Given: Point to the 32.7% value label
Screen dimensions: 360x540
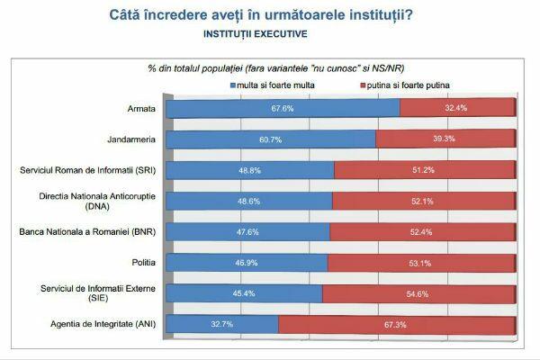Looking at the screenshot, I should coord(223,323).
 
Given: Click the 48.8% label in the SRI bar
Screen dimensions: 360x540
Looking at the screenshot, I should coord(249,169).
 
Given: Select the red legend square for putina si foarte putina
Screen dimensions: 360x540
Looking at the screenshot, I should coord(361,84).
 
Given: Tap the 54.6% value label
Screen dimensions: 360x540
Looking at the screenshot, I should coord(417,292).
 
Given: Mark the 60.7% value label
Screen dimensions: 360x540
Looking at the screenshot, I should coord(271,139).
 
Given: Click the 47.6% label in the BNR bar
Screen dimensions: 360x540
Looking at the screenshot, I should coord(247,231).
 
